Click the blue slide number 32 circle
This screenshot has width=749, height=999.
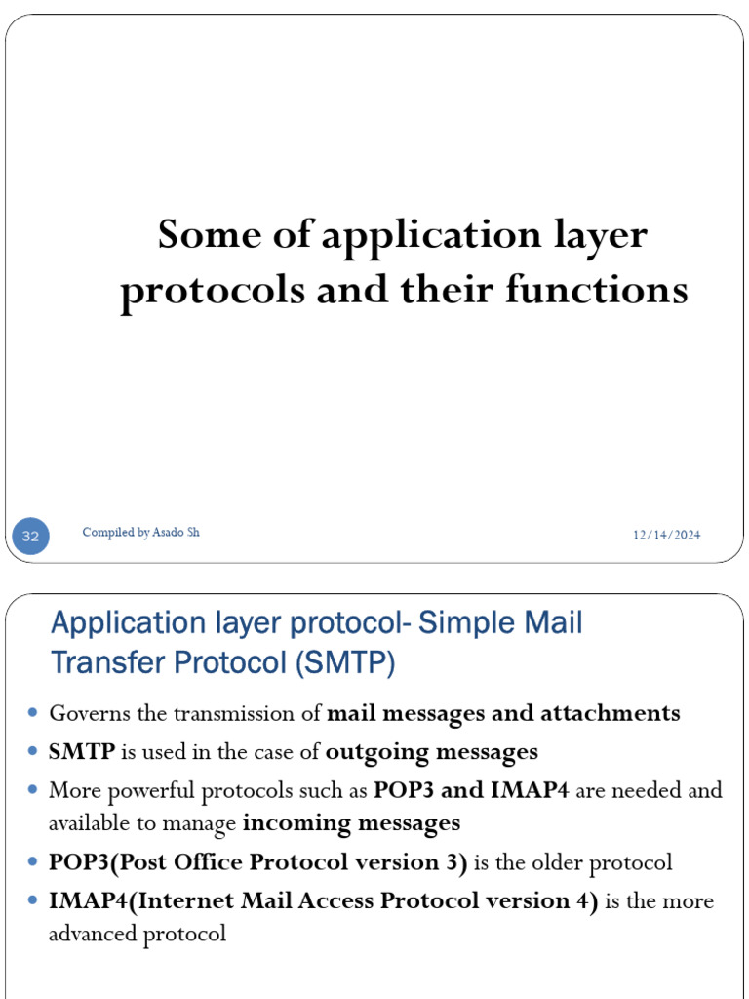point(30,537)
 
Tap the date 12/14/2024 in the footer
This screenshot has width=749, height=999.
point(666,535)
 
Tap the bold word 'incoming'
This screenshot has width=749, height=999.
point(288,823)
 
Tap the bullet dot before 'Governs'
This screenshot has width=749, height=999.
point(33,713)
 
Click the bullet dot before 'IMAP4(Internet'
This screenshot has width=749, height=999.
point(33,901)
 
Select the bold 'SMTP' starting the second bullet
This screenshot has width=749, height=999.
point(82,752)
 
